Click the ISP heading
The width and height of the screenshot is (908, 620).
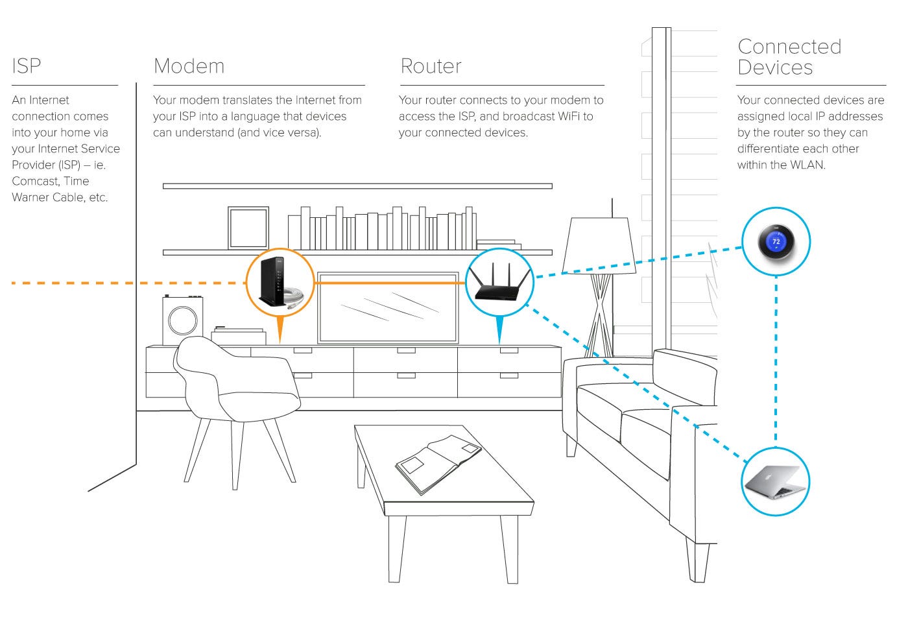26,66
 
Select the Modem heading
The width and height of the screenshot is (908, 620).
189,66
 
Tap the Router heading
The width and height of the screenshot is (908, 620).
431,66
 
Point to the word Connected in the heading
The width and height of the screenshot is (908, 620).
789,47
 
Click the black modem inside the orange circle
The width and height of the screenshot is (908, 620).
272,281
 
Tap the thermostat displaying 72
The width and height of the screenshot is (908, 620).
776,242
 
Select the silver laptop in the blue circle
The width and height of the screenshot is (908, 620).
775,482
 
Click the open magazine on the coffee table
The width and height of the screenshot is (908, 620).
438,463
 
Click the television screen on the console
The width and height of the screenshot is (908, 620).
388,307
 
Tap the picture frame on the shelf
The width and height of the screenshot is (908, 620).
248,227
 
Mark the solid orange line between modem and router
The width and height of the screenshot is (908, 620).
389,283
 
